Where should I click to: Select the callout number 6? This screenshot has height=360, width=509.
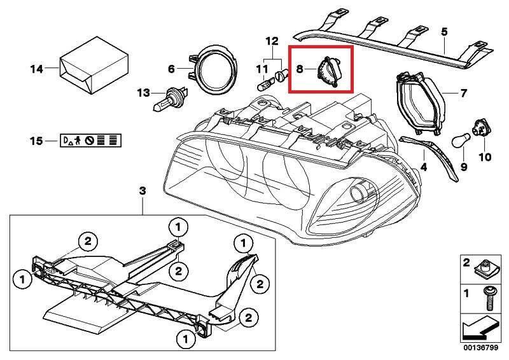coord(171,69)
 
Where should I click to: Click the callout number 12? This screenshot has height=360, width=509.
coord(272,41)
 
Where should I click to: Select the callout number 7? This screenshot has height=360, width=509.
coord(464,93)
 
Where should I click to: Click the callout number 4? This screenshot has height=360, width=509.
coord(422,169)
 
